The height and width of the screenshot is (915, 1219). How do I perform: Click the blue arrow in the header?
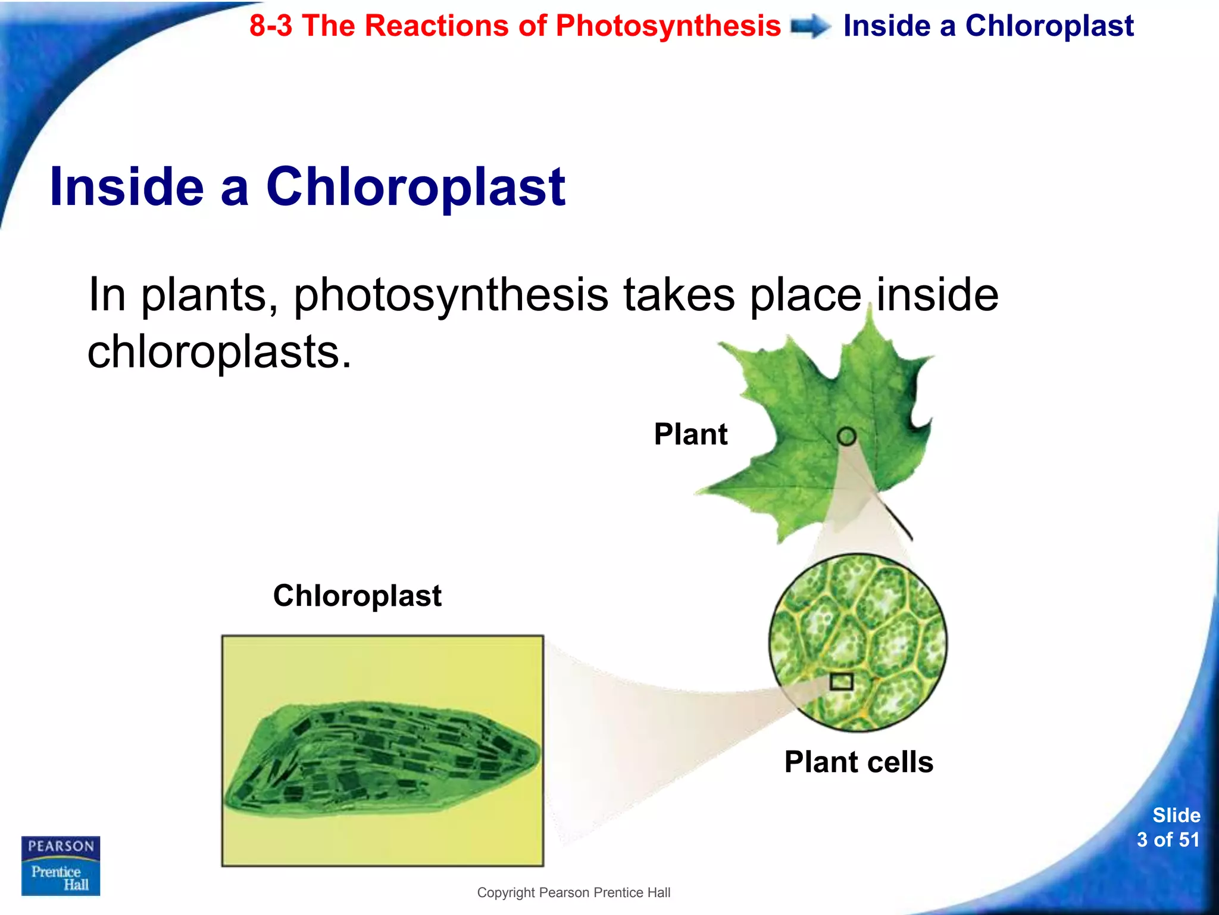(x=811, y=27)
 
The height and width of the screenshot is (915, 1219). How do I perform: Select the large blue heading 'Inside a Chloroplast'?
(x=307, y=187)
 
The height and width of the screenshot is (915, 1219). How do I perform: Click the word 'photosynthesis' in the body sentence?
(x=451, y=294)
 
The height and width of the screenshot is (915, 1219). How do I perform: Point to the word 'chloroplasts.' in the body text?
(x=219, y=351)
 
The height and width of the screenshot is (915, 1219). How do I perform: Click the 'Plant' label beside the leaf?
(x=690, y=434)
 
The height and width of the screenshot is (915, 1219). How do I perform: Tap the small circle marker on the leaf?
(x=846, y=437)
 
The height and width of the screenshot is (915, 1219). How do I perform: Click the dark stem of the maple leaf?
(x=896, y=517)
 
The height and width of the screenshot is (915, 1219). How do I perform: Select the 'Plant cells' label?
(x=858, y=762)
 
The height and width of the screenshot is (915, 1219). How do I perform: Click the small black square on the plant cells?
(x=841, y=681)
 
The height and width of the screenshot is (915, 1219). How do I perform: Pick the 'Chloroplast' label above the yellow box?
(x=357, y=596)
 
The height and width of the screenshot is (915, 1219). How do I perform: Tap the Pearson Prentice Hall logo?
(x=61, y=866)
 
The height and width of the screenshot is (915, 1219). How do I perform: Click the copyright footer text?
(x=573, y=892)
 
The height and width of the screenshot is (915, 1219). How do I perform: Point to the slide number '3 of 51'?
(x=1168, y=840)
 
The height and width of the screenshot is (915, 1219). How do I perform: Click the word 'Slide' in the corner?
(x=1176, y=815)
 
